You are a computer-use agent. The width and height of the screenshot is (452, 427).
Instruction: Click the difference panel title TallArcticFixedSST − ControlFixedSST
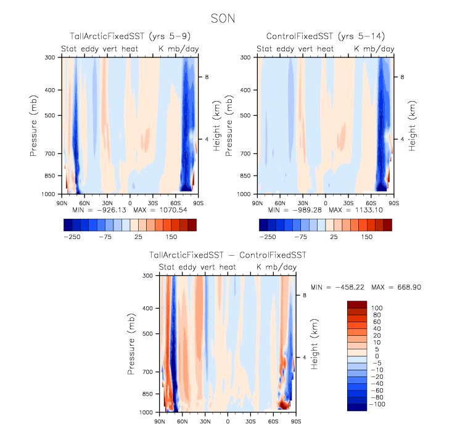[227, 254]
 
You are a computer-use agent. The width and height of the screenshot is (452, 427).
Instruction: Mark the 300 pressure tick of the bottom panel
[149, 276]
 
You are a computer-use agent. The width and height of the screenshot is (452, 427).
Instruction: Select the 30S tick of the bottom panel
[251, 421]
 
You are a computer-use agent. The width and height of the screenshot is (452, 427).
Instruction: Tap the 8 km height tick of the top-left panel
[207, 77]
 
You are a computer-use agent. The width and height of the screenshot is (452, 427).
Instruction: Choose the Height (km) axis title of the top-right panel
[413, 125]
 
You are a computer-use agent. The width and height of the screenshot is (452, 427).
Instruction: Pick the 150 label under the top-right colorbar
[367, 236]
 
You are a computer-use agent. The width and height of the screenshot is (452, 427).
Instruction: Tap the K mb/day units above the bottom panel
[277, 267]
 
